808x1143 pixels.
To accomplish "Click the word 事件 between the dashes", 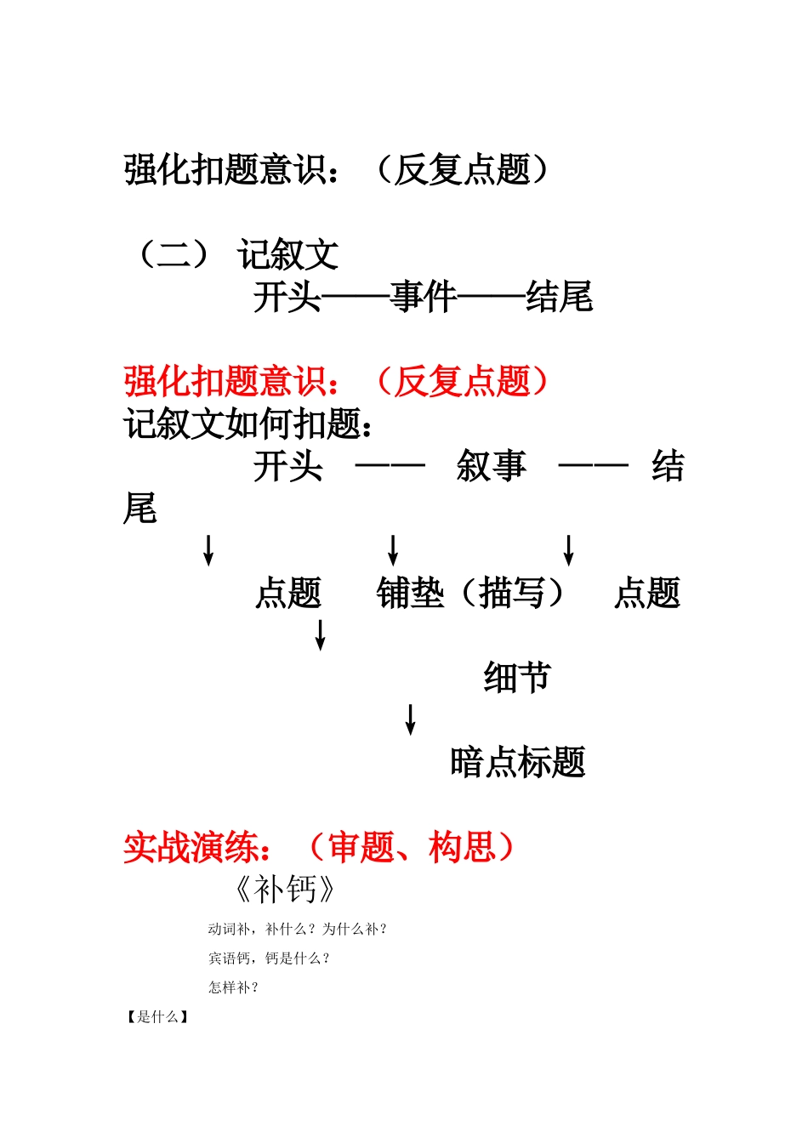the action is click(x=424, y=298).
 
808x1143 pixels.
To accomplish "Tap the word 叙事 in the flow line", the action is click(x=491, y=467).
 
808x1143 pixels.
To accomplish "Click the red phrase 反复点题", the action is click(x=463, y=382).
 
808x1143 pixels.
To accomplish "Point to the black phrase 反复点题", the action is click(x=463, y=169).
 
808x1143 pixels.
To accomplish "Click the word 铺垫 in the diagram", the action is click(x=410, y=594).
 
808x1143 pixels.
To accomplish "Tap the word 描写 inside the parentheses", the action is click(x=512, y=594).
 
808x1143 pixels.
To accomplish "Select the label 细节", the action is click(x=517, y=678).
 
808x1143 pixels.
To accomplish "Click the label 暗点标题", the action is click(x=517, y=763).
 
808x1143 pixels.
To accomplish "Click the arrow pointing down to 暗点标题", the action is click(x=411, y=719).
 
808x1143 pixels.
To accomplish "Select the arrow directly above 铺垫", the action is click(x=393, y=550).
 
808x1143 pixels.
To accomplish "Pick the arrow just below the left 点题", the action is click(x=321, y=635).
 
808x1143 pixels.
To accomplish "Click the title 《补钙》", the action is click(x=286, y=890).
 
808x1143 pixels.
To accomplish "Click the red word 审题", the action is click(x=361, y=848).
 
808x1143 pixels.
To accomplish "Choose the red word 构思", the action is click(x=462, y=848).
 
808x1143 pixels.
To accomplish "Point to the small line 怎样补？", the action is click(x=233, y=987).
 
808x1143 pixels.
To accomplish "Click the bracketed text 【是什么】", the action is click(x=157, y=1017).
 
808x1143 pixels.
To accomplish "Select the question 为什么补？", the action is click(x=355, y=930).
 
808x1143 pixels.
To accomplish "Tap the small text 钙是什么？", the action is click(x=297, y=958).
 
